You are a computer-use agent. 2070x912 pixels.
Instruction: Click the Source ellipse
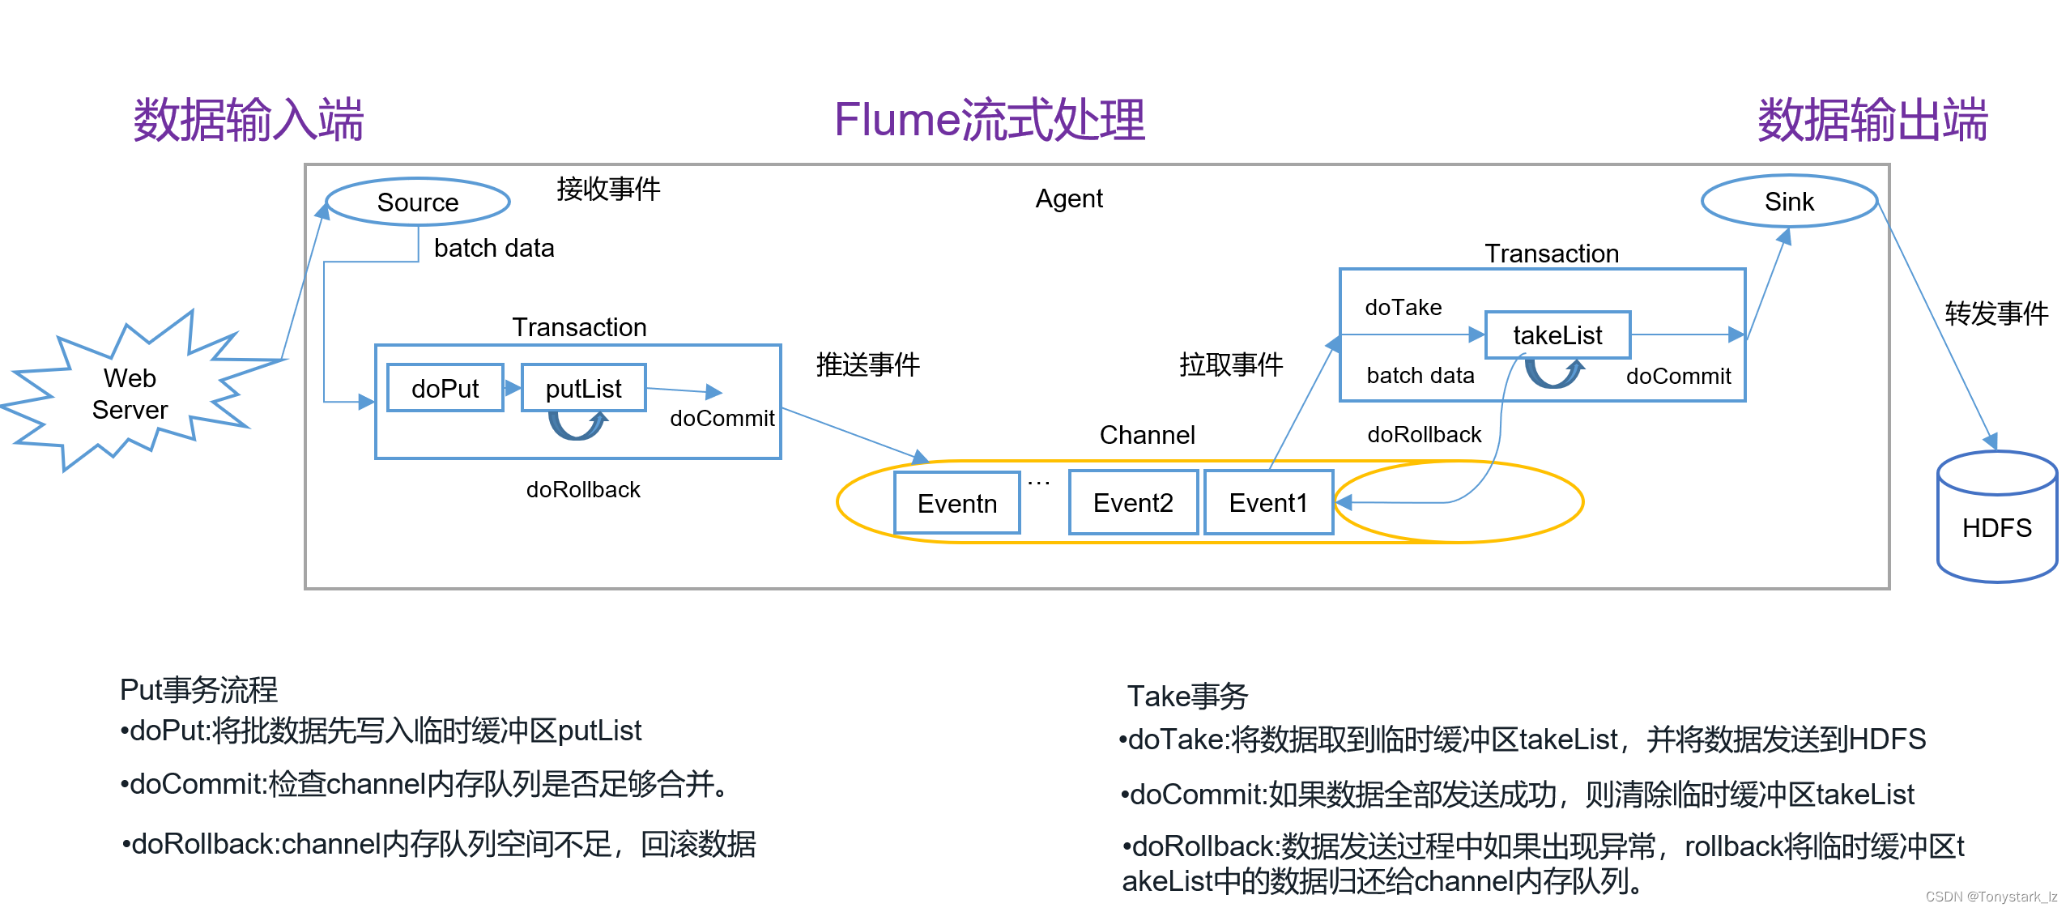point(417,202)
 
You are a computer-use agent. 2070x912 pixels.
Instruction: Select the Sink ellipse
point(1788,201)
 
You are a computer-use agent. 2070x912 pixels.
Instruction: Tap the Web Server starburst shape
point(130,394)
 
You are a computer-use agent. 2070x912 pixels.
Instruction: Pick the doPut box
point(445,388)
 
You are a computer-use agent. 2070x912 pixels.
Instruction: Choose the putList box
point(583,388)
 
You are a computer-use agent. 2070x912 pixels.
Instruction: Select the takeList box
point(1557,335)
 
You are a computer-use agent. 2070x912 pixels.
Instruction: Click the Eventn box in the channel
point(956,503)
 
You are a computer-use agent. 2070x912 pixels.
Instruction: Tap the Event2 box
point(1132,503)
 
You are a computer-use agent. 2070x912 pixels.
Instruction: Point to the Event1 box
point(1267,503)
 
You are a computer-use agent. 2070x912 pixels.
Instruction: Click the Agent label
point(1068,198)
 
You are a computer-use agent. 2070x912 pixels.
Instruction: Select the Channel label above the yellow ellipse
point(1147,435)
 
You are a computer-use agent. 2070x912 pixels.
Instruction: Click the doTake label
point(1403,307)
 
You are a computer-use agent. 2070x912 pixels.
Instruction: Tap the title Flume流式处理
point(989,120)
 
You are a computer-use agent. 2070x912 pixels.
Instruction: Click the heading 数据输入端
point(248,120)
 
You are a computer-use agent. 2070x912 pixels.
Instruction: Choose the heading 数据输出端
point(1872,120)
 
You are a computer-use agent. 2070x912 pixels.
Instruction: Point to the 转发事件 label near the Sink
point(1995,313)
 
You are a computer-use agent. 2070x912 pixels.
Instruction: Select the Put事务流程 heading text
point(198,690)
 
